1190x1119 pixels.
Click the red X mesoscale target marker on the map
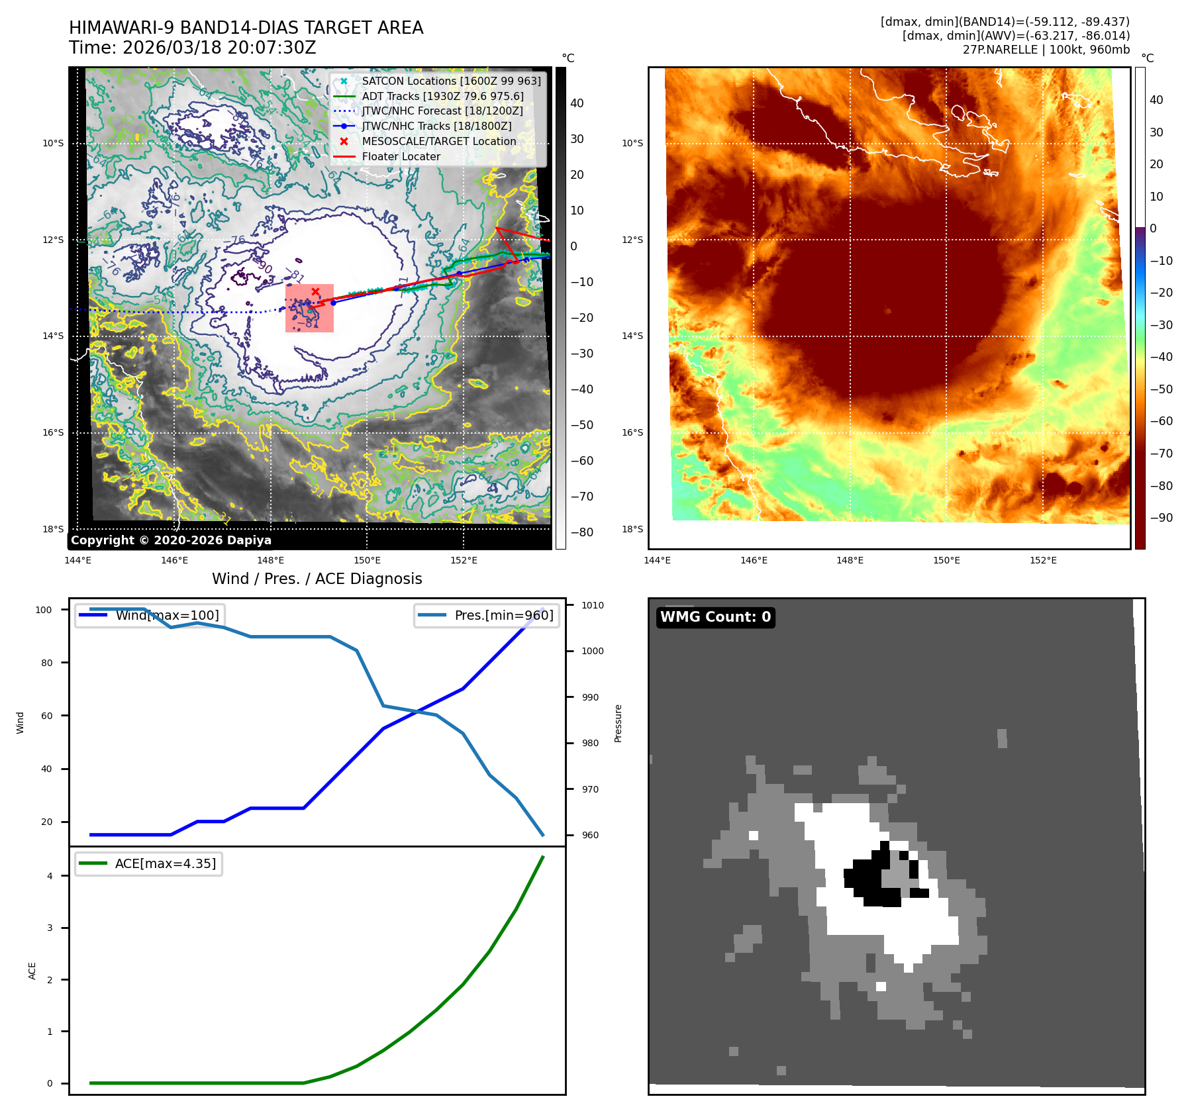click(315, 291)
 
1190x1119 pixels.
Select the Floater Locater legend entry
click(401, 156)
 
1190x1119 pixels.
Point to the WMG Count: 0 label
click(715, 617)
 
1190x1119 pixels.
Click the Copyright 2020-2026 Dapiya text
click(171, 540)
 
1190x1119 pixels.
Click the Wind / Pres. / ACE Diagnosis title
click(317, 579)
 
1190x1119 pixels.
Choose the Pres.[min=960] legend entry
click(503, 615)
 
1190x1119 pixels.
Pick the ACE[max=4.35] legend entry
click(165, 863)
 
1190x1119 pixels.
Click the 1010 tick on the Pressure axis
click(593, 605)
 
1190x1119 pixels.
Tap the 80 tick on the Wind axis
click(46, 663)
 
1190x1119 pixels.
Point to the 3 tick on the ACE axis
click(50, 928)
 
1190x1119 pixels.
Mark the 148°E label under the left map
click(271, 560)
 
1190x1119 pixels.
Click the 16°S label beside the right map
click(632, 432)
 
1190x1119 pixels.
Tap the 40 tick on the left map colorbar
click(577, 103)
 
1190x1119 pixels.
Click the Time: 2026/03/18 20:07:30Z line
click(193, 48)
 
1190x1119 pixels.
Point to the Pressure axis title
click(618, 723)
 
